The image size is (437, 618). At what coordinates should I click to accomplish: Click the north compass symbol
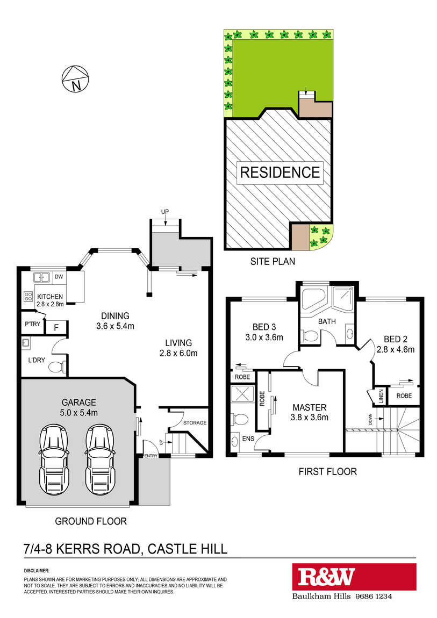[75, 79]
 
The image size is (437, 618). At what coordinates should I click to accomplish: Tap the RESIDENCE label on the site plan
[280, 173]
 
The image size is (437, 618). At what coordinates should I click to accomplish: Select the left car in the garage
[54, 459]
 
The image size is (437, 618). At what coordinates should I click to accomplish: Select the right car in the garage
[101, 459]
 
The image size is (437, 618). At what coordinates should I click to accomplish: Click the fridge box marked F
[56, 327]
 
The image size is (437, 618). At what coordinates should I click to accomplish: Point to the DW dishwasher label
[59, 277]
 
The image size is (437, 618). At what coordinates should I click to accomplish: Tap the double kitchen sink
[41, 277]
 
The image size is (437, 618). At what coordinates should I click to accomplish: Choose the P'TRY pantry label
[33, 324]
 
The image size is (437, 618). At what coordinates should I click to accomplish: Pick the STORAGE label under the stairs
[195, 423]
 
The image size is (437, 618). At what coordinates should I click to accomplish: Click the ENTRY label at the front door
[151, 456]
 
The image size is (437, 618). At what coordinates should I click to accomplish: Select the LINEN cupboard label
[381, 396]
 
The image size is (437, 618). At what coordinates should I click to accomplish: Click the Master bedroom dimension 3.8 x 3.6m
[309, 418]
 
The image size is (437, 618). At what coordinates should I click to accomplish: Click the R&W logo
[326, 577]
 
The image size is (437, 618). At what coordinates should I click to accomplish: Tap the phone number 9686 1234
[374, 596]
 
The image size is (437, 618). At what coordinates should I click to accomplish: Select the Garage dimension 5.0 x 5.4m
[79, 413]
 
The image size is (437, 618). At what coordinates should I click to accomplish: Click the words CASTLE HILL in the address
[187, 549]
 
